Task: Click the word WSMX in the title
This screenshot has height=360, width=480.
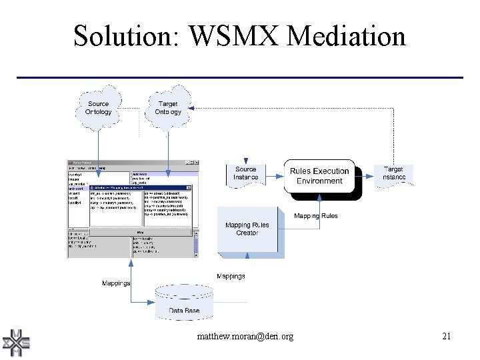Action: point(228,35)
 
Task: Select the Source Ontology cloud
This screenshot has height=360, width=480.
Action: point(99,107)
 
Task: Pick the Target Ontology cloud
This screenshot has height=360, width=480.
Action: point(167,107)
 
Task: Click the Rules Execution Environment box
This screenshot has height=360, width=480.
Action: point(319,176)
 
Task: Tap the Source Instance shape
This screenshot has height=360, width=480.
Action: point(246,173)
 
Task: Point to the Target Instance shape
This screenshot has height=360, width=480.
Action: point(393,173)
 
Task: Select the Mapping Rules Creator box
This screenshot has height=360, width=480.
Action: point(247,229)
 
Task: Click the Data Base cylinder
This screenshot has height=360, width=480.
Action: point(185,303)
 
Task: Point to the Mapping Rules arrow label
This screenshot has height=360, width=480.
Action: point(316,216)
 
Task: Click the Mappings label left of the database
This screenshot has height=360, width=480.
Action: point(116,283)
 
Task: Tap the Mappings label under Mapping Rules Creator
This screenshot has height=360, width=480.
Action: point(231,276)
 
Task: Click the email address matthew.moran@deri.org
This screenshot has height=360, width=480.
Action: point(245,337)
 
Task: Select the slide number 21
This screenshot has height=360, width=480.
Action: point(446,337)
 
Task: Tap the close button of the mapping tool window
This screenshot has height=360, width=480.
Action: point(196,163)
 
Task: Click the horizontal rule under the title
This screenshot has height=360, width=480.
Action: point(239,78)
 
